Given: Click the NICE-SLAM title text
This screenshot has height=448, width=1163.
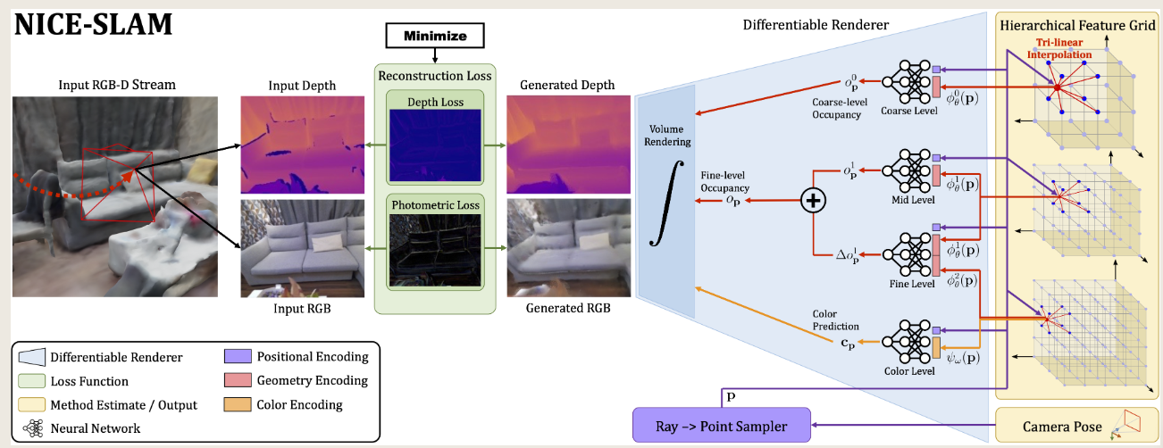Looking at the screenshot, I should [x=92, y=24].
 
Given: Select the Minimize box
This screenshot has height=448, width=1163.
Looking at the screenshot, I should [x=433, y=37].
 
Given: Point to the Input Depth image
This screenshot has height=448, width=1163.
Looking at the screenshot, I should [x=302, y=144].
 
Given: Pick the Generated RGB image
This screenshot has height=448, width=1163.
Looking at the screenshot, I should [x=565, y=248].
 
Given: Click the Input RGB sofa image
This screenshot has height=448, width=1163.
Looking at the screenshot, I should [x=302, y=248].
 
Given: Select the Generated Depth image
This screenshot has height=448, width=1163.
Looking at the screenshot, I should [x=565, y=144].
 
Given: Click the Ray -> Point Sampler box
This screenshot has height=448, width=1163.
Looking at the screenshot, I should [x=723, y=426].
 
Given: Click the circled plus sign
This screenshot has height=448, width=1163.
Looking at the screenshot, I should [x=813, y=202].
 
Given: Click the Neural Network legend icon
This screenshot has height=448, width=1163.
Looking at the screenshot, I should [x=31, y=427].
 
